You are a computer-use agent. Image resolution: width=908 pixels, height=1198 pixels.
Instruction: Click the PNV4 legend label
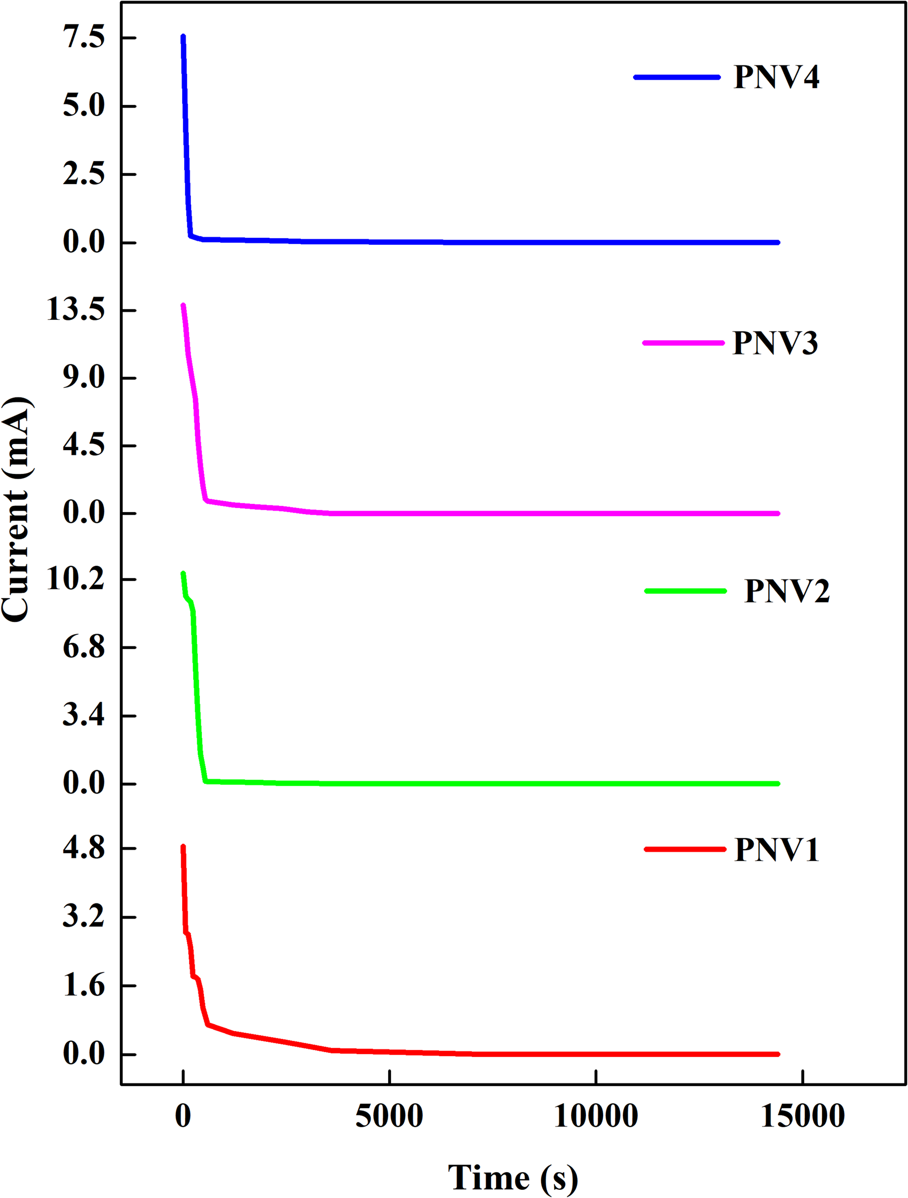pos(776,77)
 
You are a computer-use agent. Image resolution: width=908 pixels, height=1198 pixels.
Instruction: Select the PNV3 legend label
pos(775,343)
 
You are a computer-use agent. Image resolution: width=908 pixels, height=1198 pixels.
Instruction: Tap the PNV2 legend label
pos(787,590)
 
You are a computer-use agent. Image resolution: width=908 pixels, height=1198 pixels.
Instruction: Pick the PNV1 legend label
pos(776,849)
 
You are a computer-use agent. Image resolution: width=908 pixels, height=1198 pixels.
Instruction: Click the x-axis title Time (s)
pos(512,1177)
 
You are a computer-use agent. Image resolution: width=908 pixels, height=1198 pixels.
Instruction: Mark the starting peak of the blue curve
pos(183,37)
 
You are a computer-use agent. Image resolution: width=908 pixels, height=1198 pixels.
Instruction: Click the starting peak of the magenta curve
pos(183,306)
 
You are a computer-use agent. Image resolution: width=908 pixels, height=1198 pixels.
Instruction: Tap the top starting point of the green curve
pos(183,573)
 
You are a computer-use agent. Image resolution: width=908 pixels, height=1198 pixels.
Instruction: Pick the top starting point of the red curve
pos(183,847)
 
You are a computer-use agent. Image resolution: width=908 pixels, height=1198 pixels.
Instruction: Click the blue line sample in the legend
pos(677,77)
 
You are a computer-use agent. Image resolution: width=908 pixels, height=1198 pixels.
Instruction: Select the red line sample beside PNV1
pos(685,849)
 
